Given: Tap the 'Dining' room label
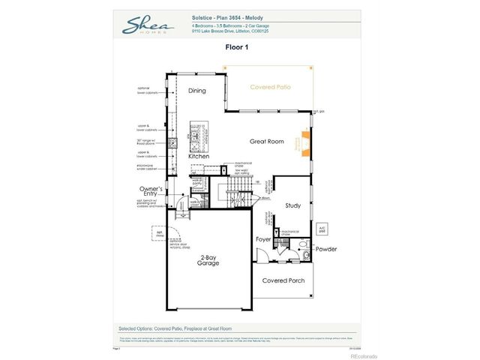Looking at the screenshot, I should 196,91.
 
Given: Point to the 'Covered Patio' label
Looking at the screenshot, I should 270,88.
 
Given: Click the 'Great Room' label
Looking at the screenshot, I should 266,141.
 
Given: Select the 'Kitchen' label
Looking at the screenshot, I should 198,156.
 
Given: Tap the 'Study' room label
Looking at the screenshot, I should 292,205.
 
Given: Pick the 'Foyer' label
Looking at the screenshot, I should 262,240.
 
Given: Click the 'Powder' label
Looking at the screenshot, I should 325,248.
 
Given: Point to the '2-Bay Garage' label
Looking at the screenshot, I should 208,261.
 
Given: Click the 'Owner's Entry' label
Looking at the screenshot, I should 151,192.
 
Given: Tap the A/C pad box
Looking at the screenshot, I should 322,228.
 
